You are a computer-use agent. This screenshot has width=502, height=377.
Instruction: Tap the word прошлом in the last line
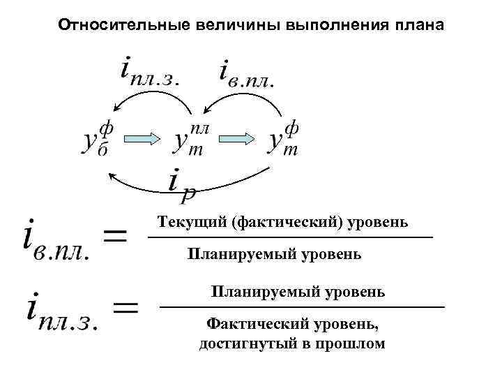click(353, 343)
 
